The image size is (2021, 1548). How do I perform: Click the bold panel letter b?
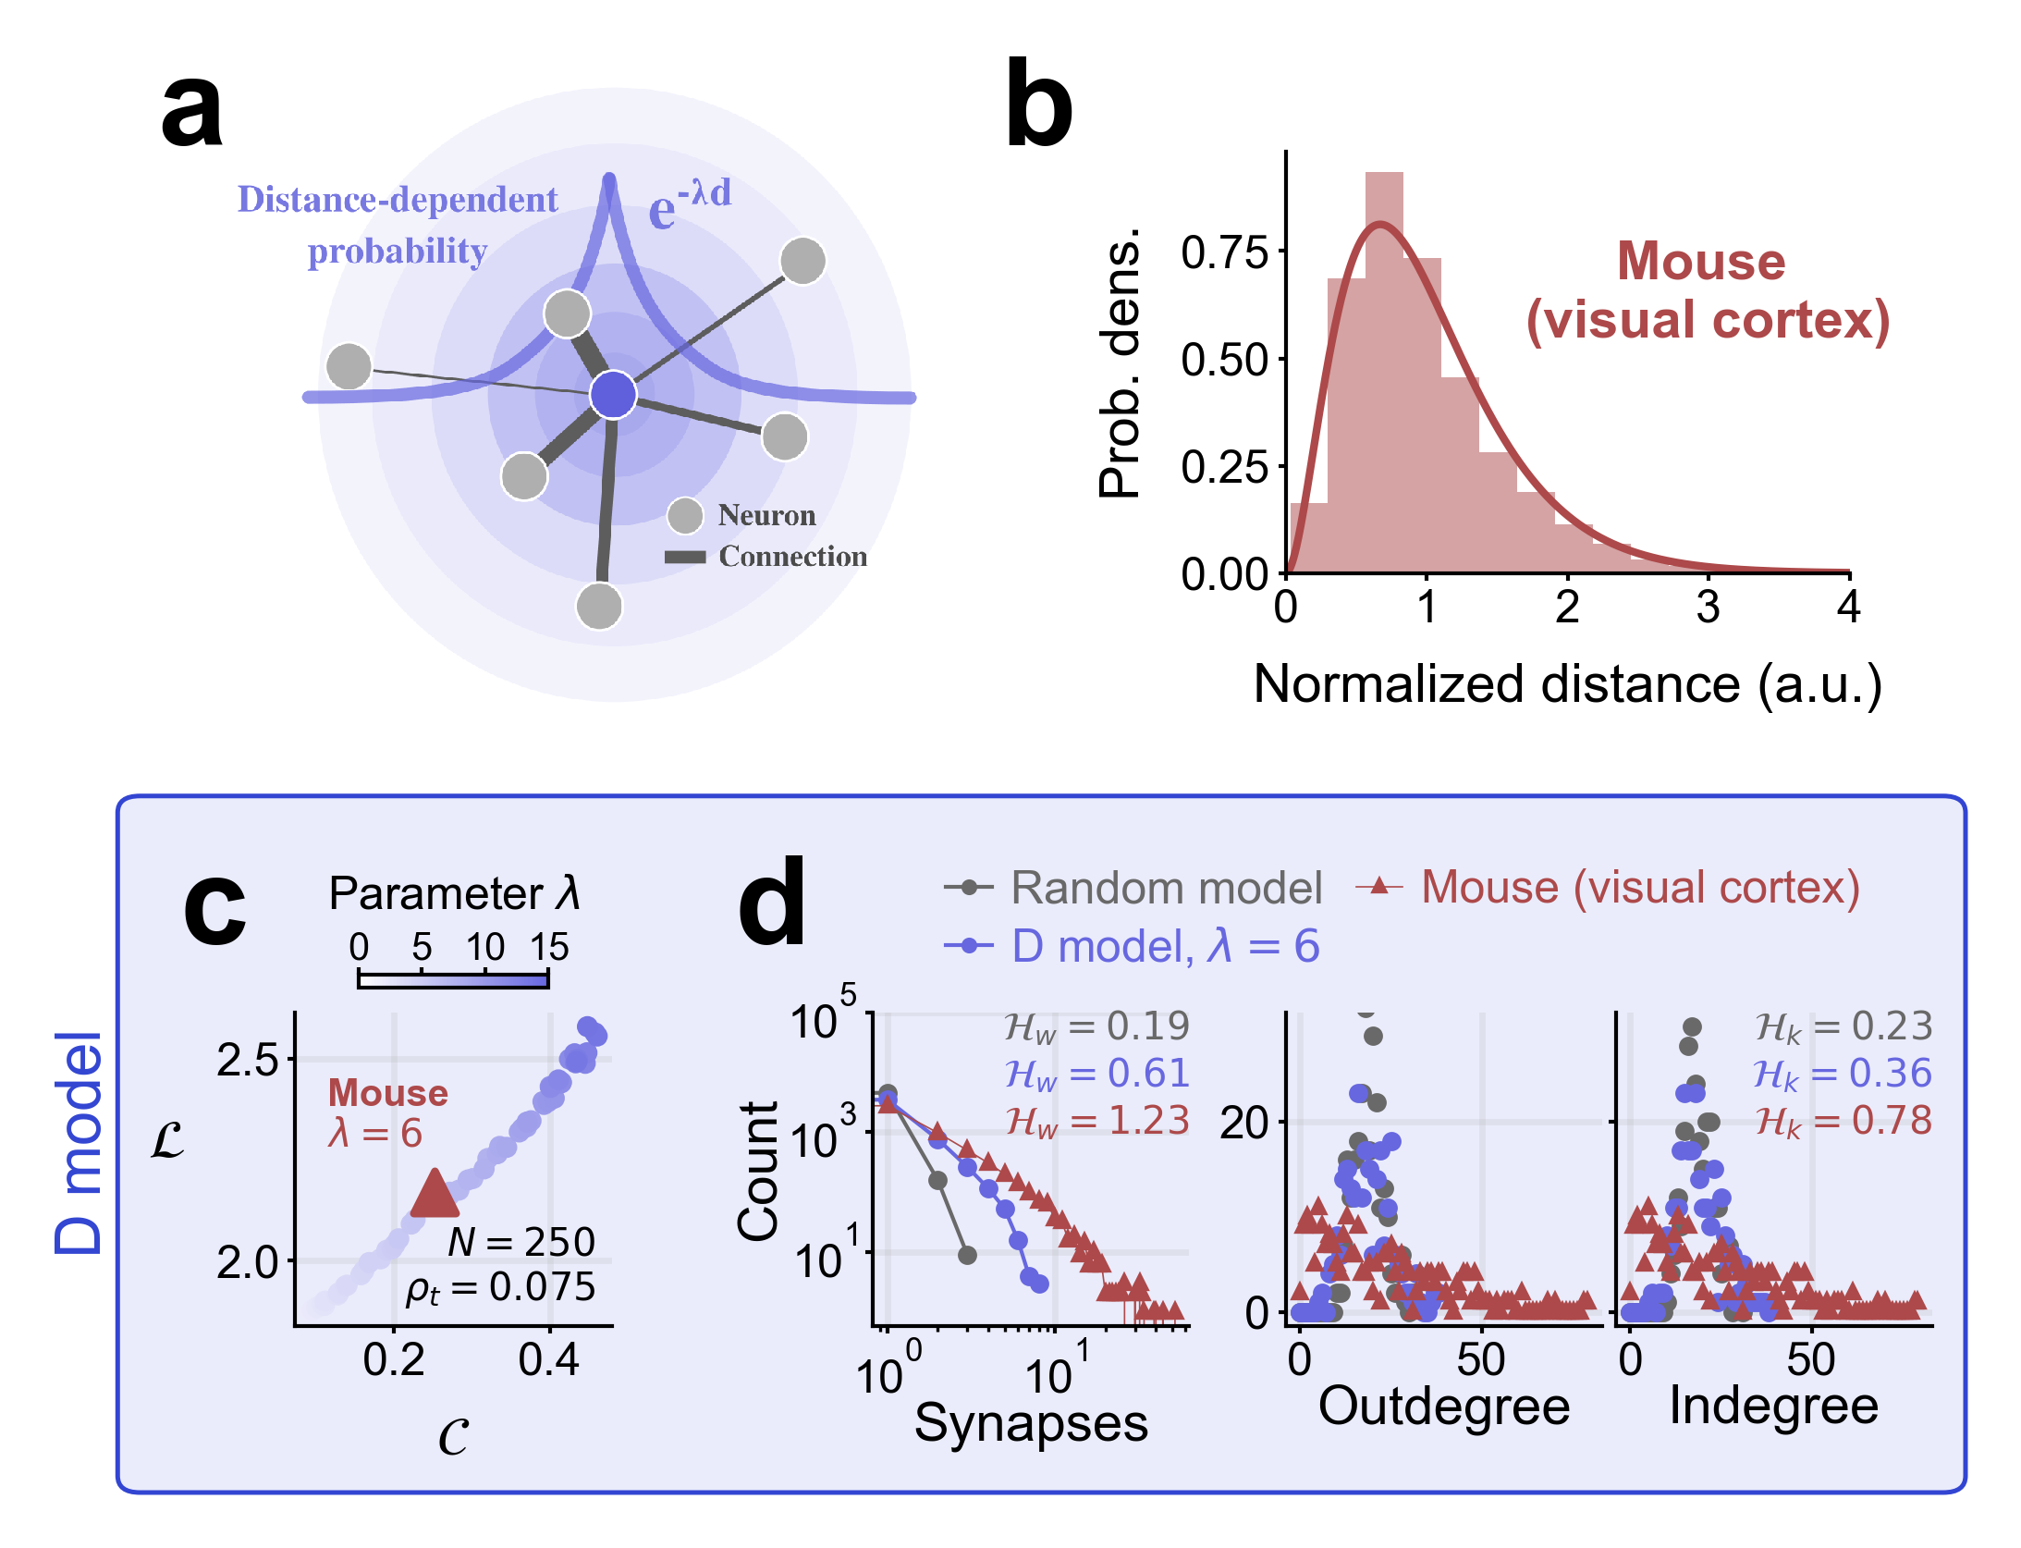(x=1038, y=105)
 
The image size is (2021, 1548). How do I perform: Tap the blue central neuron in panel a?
(x=613, y=395)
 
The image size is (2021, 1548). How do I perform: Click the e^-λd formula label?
(x=689, y=203)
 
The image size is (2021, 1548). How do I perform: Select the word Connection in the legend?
(x=792, y=557)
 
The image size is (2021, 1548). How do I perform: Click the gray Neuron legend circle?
(x=685, y=515)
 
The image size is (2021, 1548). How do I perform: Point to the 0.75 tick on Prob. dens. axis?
(x=1225, y=252)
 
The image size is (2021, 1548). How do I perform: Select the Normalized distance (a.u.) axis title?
(x=1567, y=685)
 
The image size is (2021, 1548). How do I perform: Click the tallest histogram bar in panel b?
(x=1384, y=370)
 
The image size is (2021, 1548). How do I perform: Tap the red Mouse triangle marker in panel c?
(x=434, y=1194)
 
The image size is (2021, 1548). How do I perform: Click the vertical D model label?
(x=78, y=1143)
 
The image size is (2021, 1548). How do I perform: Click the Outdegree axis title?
(x=1443, y=1407)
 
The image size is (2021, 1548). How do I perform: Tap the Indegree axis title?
(x=1773, y=1407)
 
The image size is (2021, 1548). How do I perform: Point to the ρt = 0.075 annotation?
(x=500, y=1288)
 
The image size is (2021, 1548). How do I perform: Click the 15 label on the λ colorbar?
(x=548, y=947)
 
